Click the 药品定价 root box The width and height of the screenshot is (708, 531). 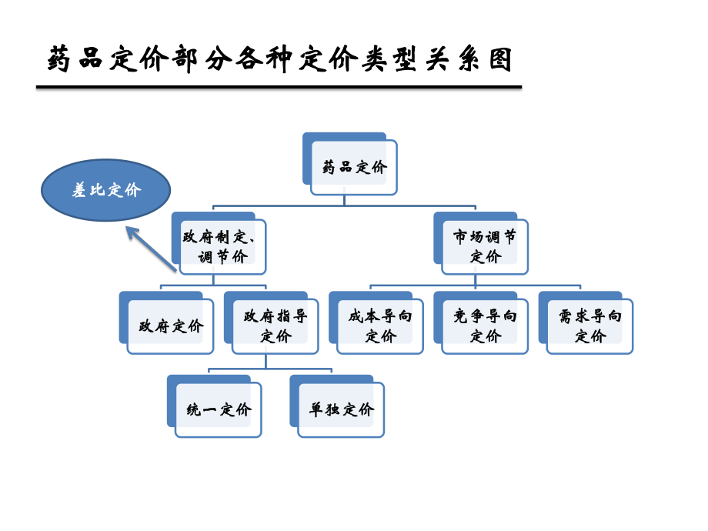(x=354, y=167)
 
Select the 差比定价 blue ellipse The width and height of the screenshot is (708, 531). (x=105, y=190)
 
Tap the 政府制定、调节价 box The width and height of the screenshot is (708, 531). (x=223, y=246)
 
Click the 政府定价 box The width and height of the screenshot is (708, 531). (x=171, y=326)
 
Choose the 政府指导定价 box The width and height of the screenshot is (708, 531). (x=276, y=326)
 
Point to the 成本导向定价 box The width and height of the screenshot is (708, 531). (x=380, y=326)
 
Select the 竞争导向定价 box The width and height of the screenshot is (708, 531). (x=485, y=326)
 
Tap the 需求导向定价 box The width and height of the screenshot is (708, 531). (x=589, y=326)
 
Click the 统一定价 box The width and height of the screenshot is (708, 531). (x=219, y=409)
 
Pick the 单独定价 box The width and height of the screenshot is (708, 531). (x=341, y=409)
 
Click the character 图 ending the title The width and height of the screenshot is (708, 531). (x=501, y=60)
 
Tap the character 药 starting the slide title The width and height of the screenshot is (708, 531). (x=61, y=60)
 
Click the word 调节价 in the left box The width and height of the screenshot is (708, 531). (x=223, y=257)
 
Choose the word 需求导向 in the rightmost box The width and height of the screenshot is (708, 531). (x=589, y=316)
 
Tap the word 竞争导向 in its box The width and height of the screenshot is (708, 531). (x=485, y=316)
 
